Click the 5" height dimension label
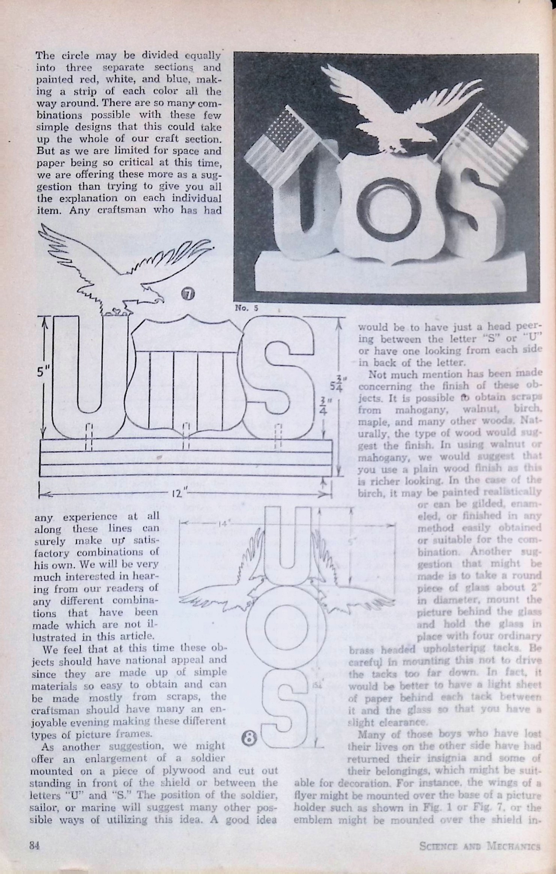(44, 372)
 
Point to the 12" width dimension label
(176, 493)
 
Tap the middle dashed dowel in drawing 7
(186, 435)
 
